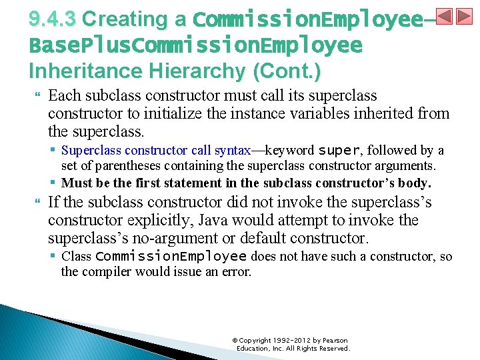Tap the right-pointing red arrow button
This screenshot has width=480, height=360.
[464, 17]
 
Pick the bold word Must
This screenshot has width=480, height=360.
[77, 183]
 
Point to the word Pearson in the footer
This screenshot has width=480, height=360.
[335, 340]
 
